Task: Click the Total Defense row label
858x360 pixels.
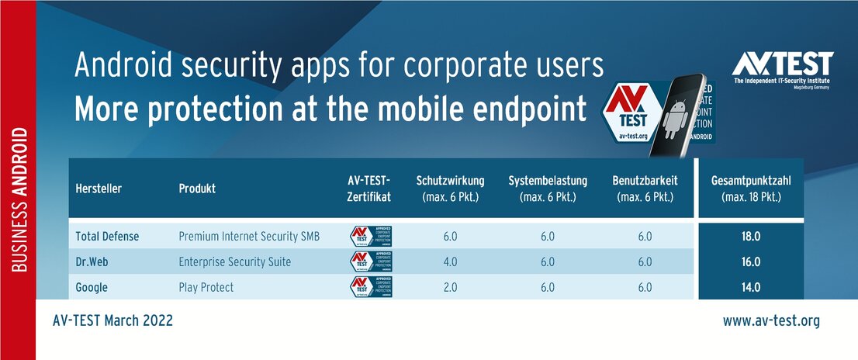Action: [x=107, y=237]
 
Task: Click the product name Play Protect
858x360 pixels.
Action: [x=206, y=287]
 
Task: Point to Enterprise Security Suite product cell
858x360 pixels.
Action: [x=234, y=262]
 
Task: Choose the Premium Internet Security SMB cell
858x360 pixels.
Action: [x=248, y=237]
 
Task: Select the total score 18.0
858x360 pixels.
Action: [x=750, y=237]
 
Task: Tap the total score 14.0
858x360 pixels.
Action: [x=750, y=287]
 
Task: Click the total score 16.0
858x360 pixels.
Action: [x=750, y=262]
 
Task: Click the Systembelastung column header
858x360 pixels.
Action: [x=548, y=189]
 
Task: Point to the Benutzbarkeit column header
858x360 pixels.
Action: [x=645, y=189]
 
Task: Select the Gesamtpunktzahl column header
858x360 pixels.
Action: [x=750, y=189]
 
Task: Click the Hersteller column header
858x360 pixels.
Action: [x=99, y=189]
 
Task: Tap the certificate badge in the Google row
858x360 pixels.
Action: [x=370, y=287]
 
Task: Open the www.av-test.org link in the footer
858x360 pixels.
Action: [x=770, y=320]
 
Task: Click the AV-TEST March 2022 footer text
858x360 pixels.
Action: [x=112, y=320]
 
